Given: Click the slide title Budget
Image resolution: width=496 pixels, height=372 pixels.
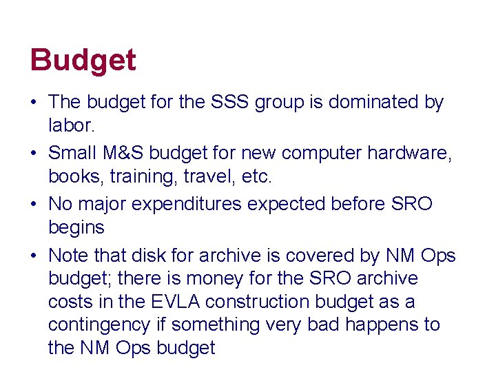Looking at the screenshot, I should point(83,61).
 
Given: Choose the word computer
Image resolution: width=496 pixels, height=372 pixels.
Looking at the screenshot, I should point(318,154).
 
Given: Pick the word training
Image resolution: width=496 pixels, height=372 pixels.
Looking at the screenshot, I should point(154,176).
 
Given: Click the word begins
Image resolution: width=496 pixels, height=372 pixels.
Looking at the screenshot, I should point(76,227).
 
